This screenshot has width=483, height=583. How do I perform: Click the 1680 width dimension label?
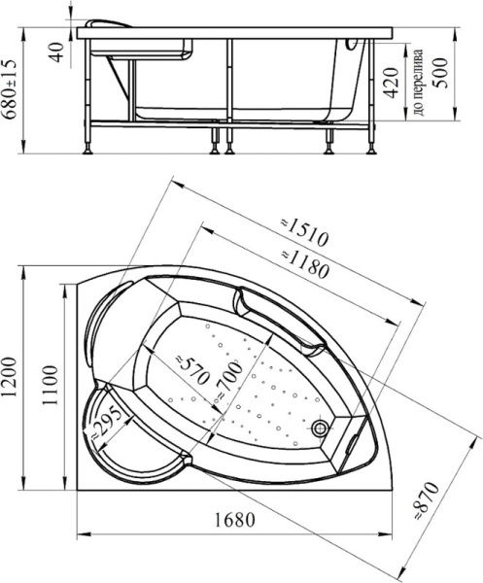coord(234,520)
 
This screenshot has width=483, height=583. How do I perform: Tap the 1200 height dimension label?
coord(10,377)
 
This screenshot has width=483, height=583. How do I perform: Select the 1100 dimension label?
coord(50,385)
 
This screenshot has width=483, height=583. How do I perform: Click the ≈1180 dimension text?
coord(305,264)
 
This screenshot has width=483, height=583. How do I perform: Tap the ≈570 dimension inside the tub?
coord(191,370)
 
